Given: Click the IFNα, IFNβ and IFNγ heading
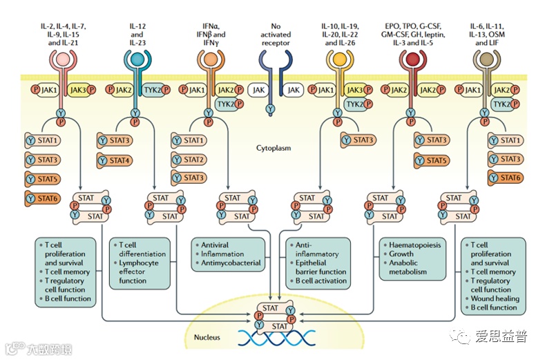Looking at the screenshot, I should click(x=210, y=33).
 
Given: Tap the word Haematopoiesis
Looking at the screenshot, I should click(x=416, y=245).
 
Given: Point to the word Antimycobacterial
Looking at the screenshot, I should click(x=231, y=263).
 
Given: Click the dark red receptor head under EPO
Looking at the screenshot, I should click(x=412, y=60).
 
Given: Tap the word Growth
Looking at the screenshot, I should click(x=401, y=254).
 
